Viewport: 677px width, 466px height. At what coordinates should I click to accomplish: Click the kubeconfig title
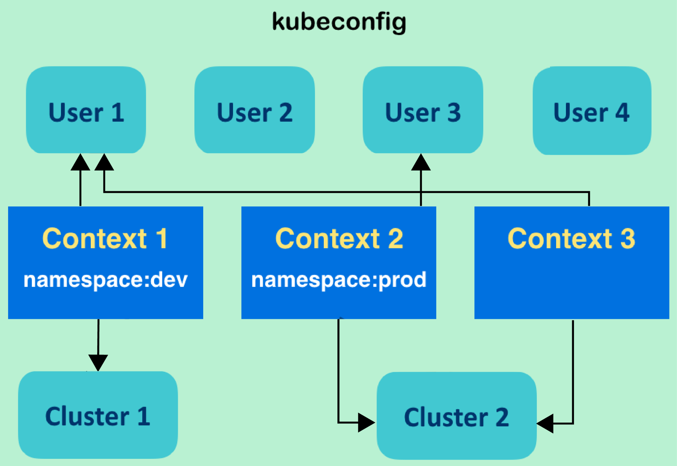[339, 22]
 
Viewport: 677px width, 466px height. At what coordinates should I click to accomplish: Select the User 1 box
[86, 110]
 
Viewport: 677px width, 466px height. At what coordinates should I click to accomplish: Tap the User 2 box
[255, 110]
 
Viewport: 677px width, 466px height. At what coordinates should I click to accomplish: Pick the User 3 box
[423, 110]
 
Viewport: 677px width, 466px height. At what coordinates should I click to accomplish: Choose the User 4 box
[592, 110]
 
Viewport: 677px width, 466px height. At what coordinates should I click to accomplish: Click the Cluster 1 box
[98, 415]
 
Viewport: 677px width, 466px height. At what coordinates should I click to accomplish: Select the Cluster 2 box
[457, 416]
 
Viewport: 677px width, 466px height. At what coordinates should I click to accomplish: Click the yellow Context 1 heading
[105, 238]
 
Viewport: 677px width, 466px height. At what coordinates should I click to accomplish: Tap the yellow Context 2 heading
[339, 238]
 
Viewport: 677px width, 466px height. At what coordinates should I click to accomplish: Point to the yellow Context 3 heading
[572, 238]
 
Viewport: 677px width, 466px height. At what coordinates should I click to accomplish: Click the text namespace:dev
[105, 280]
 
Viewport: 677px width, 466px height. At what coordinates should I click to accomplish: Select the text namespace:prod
[339, 280]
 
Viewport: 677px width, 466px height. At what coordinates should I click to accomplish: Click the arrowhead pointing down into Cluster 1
[98, 363]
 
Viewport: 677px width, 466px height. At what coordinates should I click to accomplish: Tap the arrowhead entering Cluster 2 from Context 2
[366, 423]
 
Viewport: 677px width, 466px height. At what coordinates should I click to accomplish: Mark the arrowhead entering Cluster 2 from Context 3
[545, 423]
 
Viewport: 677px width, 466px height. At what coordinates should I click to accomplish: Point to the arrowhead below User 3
[421, 162]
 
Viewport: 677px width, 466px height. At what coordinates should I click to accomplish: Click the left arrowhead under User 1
[80, 162]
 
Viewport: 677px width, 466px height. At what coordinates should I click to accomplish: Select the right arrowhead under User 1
[104, 162]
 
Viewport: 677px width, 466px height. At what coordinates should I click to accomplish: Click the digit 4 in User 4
[622, 112]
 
